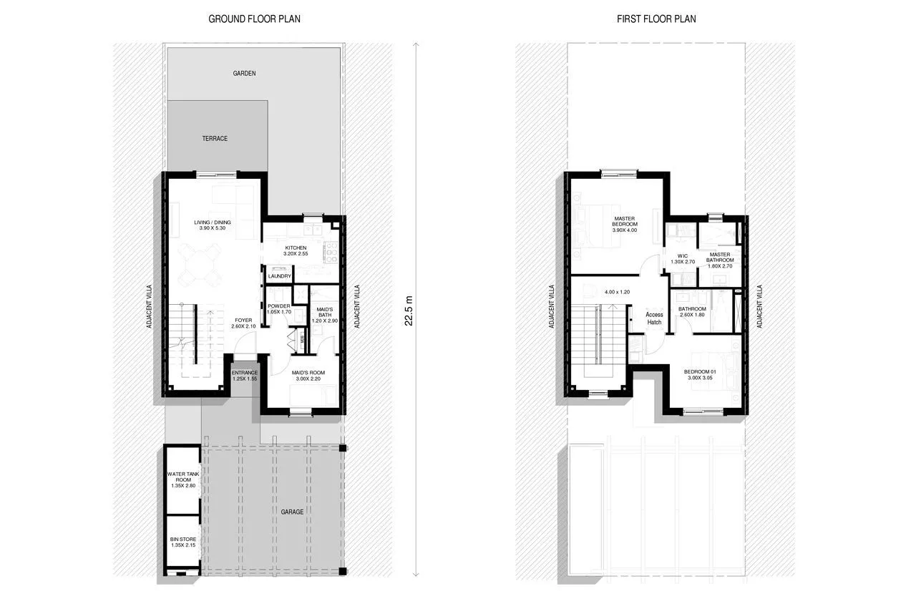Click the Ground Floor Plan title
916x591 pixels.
(254, 19)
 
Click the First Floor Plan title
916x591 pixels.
(656, 19)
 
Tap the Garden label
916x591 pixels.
(244, 73)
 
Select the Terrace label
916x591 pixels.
(215, 138)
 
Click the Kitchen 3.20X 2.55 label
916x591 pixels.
(296, 250)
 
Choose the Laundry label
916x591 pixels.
(279, 276)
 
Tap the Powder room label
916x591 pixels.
(278, 309)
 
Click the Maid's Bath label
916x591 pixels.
(322, 315)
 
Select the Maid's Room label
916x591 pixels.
(308, 376)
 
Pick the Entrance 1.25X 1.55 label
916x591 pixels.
(245, 375)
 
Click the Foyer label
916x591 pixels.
(243, 323)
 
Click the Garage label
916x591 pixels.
(292, 512)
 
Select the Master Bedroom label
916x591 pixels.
(624, 224)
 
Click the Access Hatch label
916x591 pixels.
(654, 318)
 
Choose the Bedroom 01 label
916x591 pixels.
(701, 375)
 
